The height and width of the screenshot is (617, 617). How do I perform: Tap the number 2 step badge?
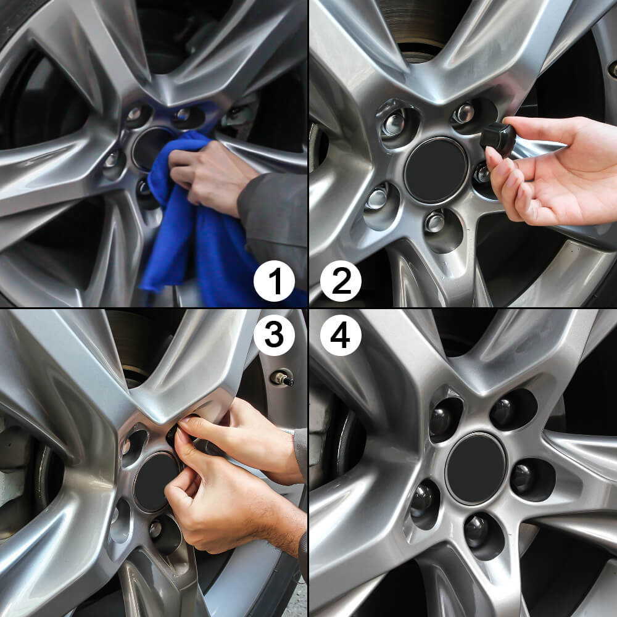341,281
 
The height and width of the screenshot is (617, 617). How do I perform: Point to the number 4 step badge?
341,336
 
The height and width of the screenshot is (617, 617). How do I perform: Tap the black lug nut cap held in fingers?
498,138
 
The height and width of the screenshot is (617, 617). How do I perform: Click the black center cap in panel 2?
436,170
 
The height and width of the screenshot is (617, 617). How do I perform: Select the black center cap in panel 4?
476,468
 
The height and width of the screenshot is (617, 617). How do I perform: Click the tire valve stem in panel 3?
282,378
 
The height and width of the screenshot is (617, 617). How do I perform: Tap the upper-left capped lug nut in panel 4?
442,420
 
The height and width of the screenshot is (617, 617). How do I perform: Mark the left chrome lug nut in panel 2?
376,198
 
